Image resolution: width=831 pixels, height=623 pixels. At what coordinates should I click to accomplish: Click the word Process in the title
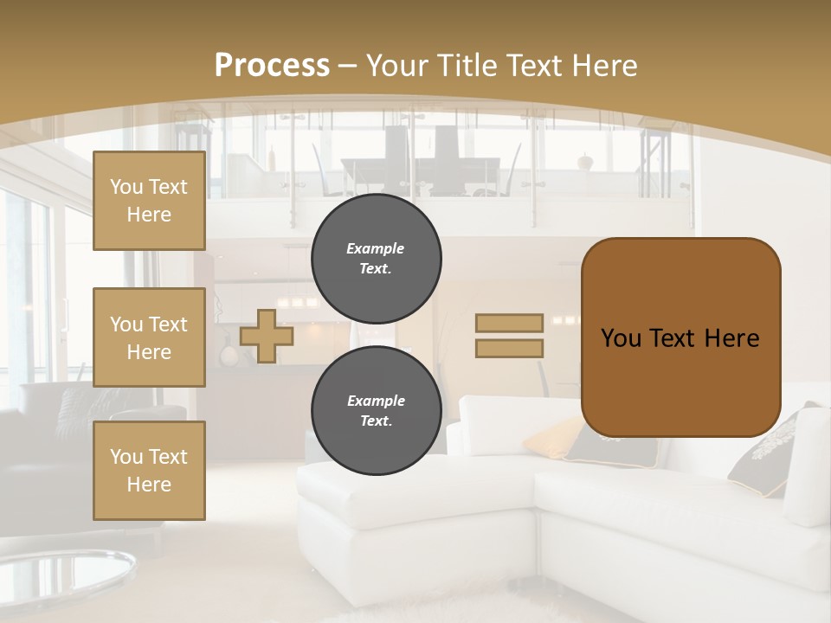pyautogui.click(x=272, y=66)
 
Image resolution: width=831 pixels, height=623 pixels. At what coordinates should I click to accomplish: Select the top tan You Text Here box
pyautogui.click(x=149, y=201)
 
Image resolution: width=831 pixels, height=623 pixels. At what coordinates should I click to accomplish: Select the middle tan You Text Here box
pyautogui.click(x=149, y=337)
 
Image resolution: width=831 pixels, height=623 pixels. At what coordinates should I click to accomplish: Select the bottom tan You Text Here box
pyautogui.click(x=149, y=471)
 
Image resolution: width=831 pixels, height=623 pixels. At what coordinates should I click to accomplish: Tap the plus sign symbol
pyautogui.click(x=267, y=336)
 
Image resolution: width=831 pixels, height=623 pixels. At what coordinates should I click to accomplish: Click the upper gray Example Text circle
pyautogui.click(x=377, y=259)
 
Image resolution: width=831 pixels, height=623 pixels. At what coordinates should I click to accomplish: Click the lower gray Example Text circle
pyautogui.click(x=377, y=410)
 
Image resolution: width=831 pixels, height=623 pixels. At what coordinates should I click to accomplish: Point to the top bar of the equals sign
pyautogui.click(x=509, y=324)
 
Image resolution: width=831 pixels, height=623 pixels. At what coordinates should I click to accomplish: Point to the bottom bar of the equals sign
pyautogui.click(x=509, y=348)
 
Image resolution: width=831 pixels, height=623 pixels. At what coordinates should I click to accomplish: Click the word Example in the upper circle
pyautogui.click(x=376, y=248)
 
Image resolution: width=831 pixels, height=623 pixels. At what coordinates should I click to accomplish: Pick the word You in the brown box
pyautogui.click(x=621, y=338)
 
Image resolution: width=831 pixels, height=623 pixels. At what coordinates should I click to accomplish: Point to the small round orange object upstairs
pyautogui.click(x=587, y=161)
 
